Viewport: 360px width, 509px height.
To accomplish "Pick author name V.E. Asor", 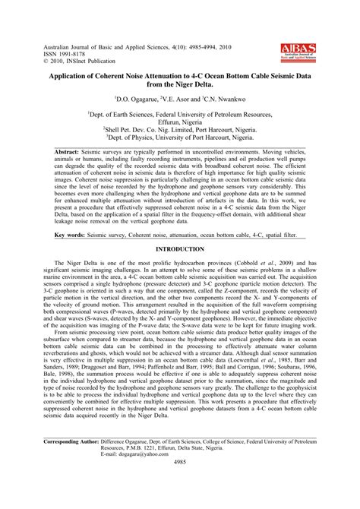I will [x=183, y=99].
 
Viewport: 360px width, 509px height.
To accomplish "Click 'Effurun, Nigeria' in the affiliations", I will [x=180, y=121].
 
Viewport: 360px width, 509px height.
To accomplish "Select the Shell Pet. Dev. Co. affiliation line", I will [x=180, y=129].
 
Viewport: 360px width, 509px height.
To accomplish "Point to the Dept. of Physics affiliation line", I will [x=180, y=138].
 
